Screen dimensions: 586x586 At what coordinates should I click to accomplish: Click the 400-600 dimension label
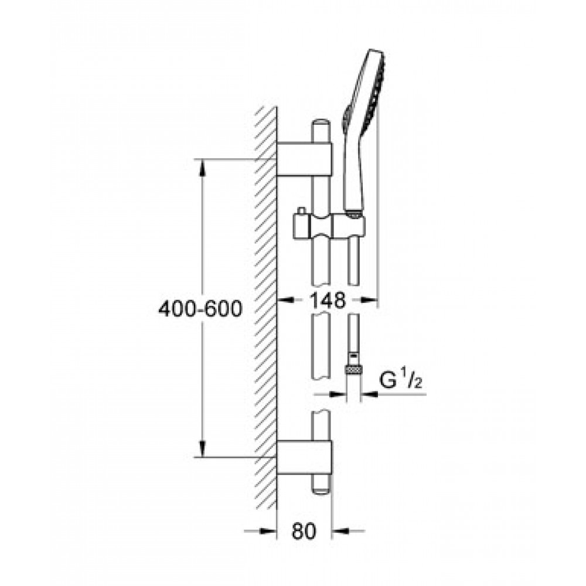200,309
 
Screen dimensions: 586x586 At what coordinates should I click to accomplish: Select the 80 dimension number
304,531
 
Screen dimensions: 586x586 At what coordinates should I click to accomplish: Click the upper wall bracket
304,159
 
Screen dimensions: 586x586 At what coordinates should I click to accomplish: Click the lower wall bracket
304,457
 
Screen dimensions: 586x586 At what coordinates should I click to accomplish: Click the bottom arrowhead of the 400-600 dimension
202,449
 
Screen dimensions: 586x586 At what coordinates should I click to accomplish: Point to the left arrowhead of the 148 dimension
285,299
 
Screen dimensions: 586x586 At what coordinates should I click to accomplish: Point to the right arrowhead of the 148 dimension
369,299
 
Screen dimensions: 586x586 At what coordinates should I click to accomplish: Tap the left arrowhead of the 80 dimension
268,531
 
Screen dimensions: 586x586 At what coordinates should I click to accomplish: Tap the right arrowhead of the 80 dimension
340,531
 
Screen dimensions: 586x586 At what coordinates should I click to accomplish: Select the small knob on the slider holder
301,211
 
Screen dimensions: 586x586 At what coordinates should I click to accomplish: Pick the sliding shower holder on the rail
329,226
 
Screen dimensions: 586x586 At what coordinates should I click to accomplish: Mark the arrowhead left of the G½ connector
339,394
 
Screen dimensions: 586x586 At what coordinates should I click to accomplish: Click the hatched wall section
265,308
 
